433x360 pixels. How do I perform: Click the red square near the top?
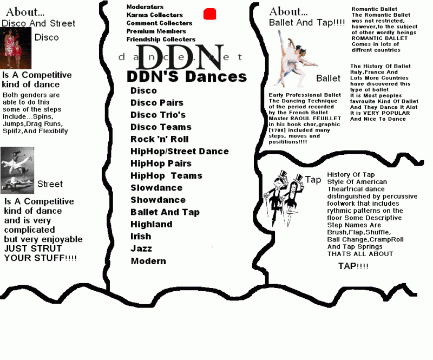click(209, 14)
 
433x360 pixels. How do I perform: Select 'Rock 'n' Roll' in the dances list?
click(159, 139)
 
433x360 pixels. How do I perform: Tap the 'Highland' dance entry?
click(152, 224)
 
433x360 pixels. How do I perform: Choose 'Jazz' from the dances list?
click(141, 248)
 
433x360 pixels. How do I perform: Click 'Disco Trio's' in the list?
click(158, 115)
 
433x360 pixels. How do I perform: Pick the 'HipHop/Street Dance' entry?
click(180, 151)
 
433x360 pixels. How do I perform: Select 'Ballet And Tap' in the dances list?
click(165, 212)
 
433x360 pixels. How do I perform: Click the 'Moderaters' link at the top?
click(145, 7)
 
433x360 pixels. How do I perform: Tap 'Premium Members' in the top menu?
click(156, 31)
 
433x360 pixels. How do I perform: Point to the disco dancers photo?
click(16, 48)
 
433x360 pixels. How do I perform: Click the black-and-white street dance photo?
click(17, 170)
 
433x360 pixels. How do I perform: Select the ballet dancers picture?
click(296, 58)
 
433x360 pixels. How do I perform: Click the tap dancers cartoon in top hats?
click(284, 198)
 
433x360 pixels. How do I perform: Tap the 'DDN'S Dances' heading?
click(187, 76)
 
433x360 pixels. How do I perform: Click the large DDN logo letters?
click(180, 57)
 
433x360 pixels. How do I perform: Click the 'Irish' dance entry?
click(141, 236)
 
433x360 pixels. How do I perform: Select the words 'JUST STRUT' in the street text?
click(33, 248)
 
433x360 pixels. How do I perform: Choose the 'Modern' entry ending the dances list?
click(148, 261)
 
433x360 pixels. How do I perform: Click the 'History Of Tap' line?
click(351, 175)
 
